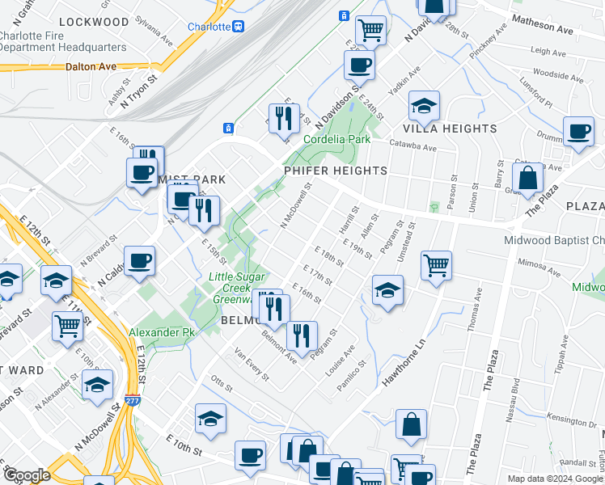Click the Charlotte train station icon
coord(239,27)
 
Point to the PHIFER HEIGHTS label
coord(335,171)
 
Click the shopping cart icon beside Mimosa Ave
coord(436,264)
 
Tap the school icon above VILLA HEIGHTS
coord(424,105)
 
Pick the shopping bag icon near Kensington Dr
coord(411,424)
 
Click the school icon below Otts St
coord(210,419)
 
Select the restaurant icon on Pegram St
coord(302,335)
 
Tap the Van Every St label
coord(251,363)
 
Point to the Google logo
coord(27,475)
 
